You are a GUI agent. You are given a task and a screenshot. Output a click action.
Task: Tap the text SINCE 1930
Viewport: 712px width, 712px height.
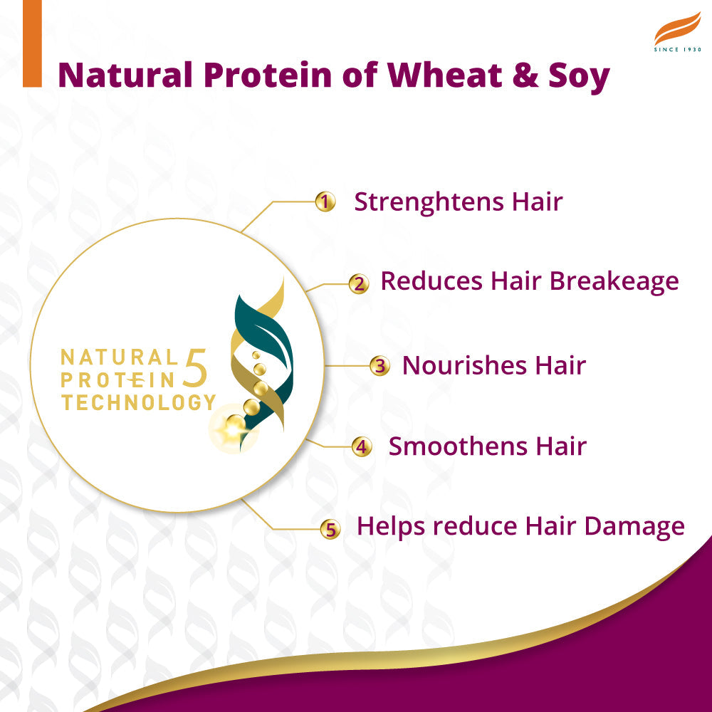pos(677,50)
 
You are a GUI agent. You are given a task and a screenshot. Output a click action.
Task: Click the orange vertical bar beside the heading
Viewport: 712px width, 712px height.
pos(32,43)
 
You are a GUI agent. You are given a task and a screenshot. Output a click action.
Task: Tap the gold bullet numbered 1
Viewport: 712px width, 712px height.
pos(325,202)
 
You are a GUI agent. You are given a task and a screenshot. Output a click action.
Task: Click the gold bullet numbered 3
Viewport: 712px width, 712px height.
pos(380,367)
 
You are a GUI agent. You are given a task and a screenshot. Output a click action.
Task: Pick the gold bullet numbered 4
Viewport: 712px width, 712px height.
pos(362,447)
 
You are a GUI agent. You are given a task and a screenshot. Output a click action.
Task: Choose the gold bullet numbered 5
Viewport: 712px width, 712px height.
pos(330,529)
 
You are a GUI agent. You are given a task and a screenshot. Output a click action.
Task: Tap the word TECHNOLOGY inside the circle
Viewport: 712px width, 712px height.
pos(138,402)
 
